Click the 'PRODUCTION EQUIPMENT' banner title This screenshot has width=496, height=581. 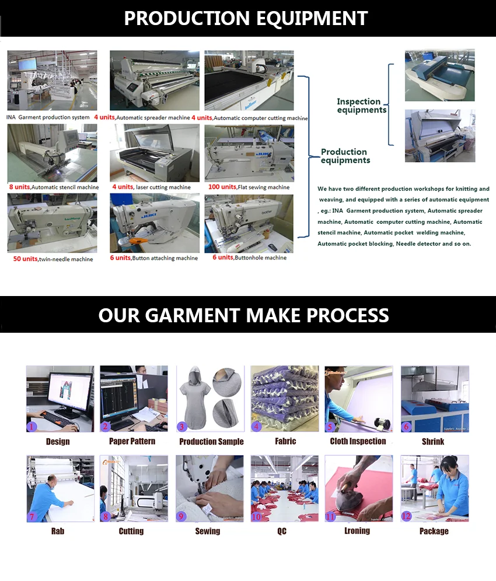tap(246, 18)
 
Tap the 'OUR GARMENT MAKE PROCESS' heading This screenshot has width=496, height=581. tap(243, 315)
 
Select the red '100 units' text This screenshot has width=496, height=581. tap(222, 186)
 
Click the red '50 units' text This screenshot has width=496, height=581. tap(26, 259)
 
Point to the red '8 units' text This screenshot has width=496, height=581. tap(19, 187)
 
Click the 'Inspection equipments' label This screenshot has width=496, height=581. tap(361, 105)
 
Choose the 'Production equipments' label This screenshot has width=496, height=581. tap(345, 156)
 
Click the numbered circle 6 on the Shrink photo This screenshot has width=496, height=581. tap(407, 426)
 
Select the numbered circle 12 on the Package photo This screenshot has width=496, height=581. tap(407, 516)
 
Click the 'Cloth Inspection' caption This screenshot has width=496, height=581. tap(358, 441)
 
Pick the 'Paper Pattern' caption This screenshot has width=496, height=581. tap(132, 441)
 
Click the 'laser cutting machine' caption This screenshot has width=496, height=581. tap(163, 187)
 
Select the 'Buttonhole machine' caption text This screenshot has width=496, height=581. tap(260, 258)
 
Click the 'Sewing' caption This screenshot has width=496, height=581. tap(207, 531)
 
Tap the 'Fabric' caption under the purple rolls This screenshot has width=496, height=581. tap(285, 441)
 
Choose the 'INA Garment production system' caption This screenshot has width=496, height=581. tap(48, 118)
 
